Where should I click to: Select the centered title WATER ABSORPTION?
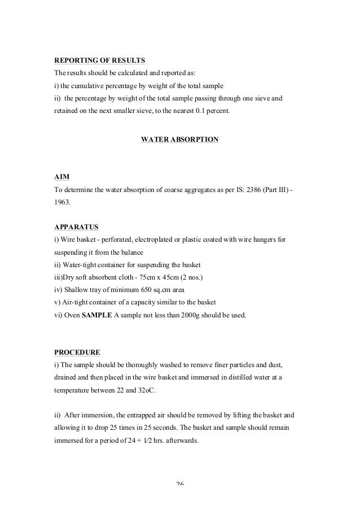[x=179, y=138]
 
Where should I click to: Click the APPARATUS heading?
[x=76, y=227]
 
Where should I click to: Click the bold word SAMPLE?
[x=97, y=315]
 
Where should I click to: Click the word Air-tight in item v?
[x=79, y=303]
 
